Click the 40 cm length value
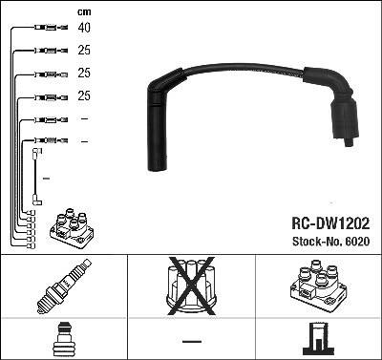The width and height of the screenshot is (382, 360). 84,28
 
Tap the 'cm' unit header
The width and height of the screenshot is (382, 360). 84,12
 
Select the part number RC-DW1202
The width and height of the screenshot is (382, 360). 330,223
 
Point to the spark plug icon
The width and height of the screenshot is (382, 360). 64,286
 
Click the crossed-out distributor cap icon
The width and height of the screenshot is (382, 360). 191,286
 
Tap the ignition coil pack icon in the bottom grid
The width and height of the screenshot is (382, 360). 318,286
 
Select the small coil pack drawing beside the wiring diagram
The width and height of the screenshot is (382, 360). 72,228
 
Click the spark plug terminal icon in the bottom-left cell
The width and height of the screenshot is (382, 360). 64,339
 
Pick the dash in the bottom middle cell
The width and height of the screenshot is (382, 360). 192,342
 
